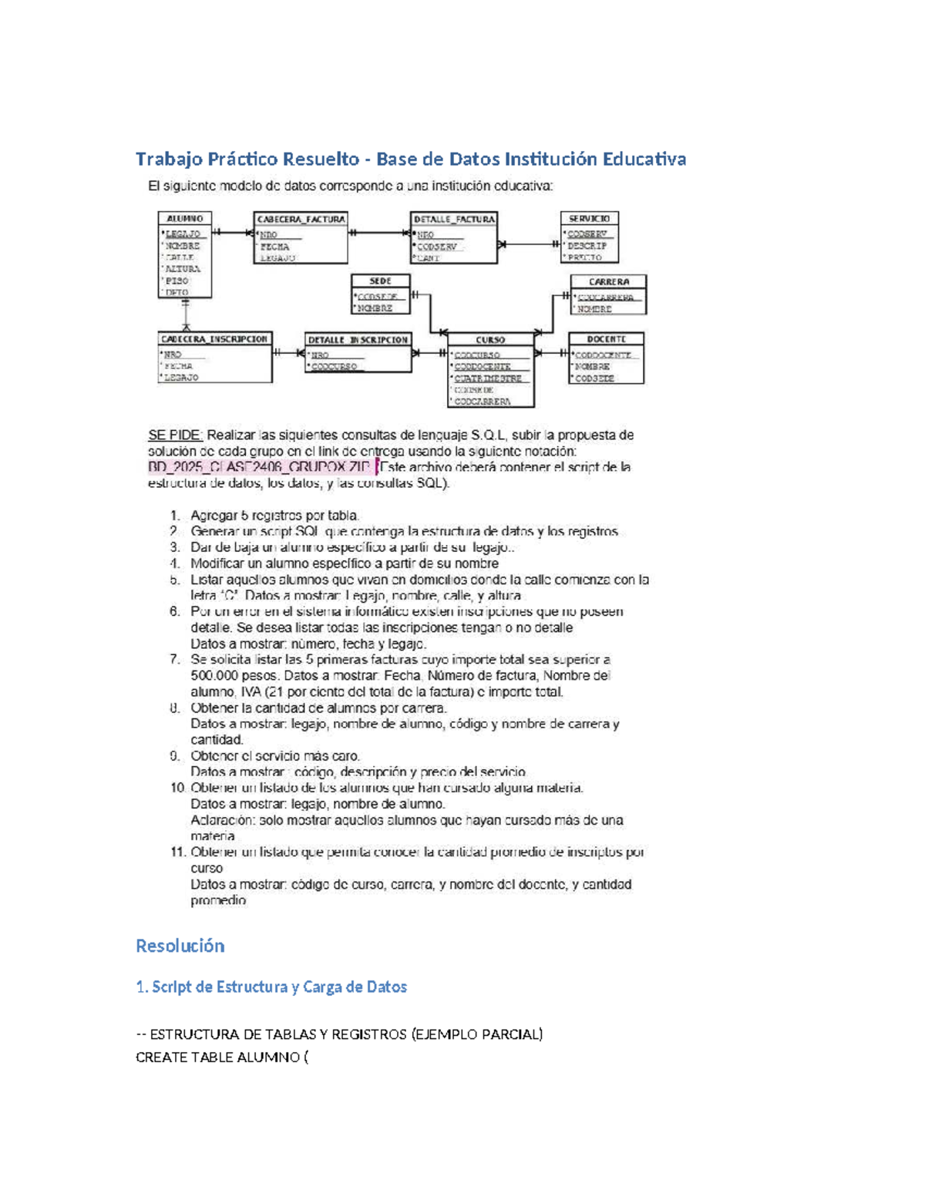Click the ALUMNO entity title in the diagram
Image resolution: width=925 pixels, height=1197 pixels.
(184, 219)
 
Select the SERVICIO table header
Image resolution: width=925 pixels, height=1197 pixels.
(589, 219)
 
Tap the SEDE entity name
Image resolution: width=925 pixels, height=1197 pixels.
(380, 281)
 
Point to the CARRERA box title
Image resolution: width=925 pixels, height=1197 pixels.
(608, 282)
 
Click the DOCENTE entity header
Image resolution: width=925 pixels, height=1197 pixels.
(606, 339)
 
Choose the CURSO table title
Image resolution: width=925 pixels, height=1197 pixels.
(490, 340)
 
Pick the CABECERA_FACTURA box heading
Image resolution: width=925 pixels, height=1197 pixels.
(301, 220)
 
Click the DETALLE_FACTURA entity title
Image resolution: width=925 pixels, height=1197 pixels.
(454, 220)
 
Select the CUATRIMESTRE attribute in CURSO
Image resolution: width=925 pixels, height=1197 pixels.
(488, 378)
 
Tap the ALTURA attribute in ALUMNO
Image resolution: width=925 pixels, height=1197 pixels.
(183, 269)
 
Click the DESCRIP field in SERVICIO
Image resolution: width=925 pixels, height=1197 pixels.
(587, 246)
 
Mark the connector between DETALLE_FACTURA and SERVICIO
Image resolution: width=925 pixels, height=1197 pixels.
(529, 244)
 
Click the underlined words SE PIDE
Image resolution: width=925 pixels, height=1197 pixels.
(175, 435)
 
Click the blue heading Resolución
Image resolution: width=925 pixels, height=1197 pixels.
(180, 946)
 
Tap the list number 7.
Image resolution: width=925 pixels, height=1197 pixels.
(175, 660)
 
